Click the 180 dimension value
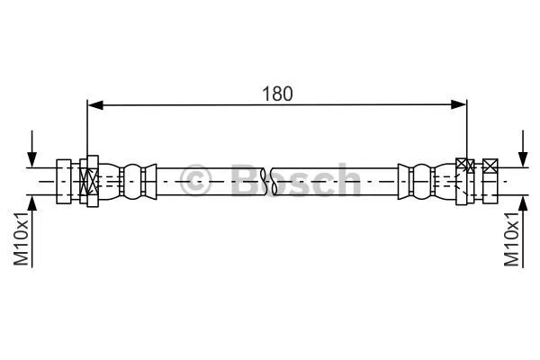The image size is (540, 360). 277,93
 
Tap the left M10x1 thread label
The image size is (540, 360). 20,238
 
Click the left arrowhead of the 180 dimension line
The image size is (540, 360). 94,106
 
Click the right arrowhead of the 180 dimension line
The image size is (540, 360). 461,106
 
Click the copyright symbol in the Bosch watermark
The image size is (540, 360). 195,180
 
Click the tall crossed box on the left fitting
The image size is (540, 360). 89,180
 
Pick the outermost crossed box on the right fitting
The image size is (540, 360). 490,166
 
